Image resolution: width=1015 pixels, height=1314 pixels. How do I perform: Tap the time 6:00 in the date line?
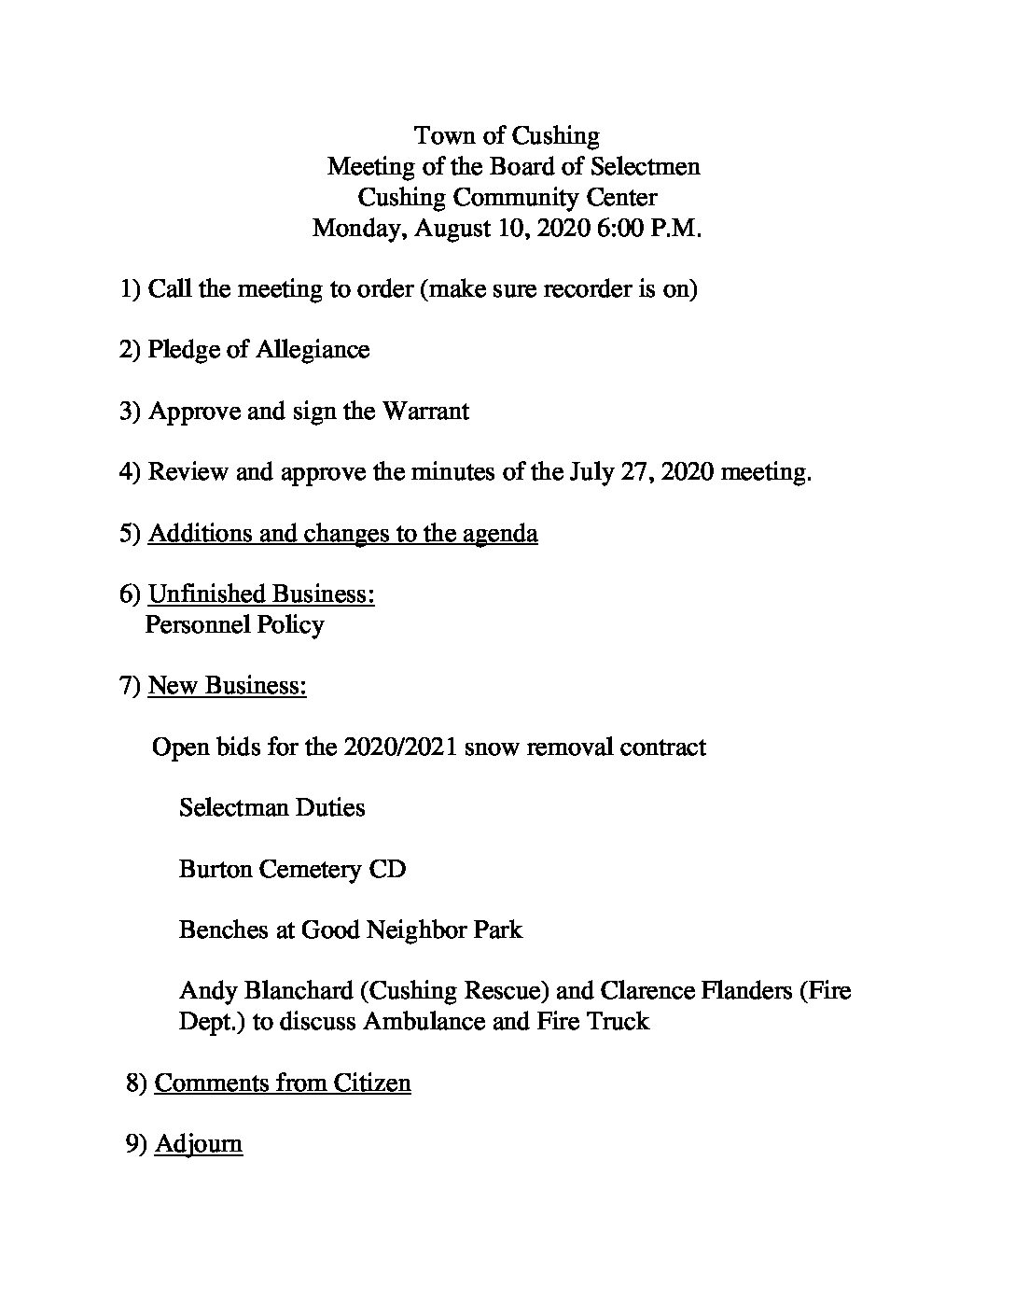617,229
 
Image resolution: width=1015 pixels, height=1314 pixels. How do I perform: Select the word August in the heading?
454,229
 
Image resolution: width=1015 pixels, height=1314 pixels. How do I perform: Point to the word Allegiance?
311,350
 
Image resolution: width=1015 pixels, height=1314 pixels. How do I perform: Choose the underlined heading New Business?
227,686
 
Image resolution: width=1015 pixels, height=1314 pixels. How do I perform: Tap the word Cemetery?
310,870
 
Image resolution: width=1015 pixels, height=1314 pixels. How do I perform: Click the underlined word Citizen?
370,1083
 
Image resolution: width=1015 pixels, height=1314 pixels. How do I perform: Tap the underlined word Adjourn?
199,1144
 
